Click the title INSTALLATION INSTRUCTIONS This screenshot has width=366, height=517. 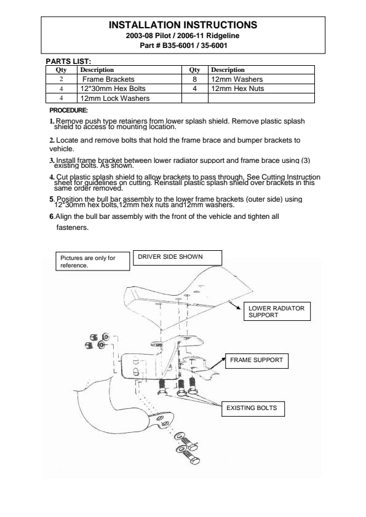(183, 25)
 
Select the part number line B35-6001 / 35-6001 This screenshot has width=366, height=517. (183, 45)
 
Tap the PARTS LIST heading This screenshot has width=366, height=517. (68, 61)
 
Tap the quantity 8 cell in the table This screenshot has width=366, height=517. (195, 79)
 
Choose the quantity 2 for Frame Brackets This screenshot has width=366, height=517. (62, 79)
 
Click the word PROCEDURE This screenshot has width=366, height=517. (69, 110)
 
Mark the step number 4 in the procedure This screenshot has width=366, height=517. (52, 177)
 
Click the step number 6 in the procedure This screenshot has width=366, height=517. (52, 216)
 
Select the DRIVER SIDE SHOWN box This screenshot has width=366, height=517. (178, 258)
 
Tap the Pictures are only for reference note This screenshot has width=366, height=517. (93, 261)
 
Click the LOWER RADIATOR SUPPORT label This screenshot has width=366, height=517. (277, 312)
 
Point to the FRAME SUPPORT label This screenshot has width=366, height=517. (257, 361)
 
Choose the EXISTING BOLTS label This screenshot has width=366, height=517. (253, 409)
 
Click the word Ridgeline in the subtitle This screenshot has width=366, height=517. (223, 36)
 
